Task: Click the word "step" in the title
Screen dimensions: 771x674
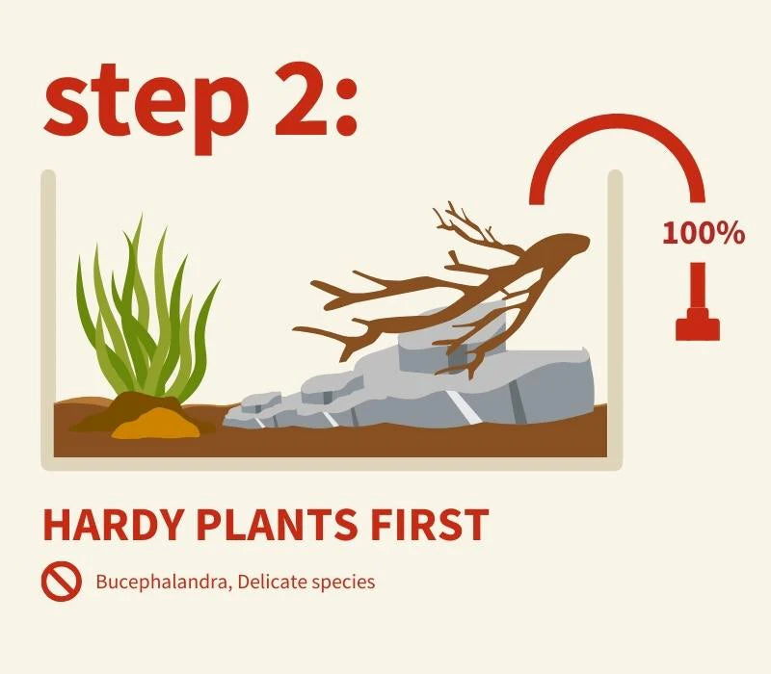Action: coord(147,106)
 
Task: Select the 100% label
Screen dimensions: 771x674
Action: coord(704,232)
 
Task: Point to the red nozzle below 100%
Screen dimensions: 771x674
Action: coord(697,301)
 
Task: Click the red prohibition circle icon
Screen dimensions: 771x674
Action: coord(61,582)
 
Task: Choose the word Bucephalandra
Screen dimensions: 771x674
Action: coord(163,583)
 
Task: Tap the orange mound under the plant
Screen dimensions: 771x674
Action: coord(155,424)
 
